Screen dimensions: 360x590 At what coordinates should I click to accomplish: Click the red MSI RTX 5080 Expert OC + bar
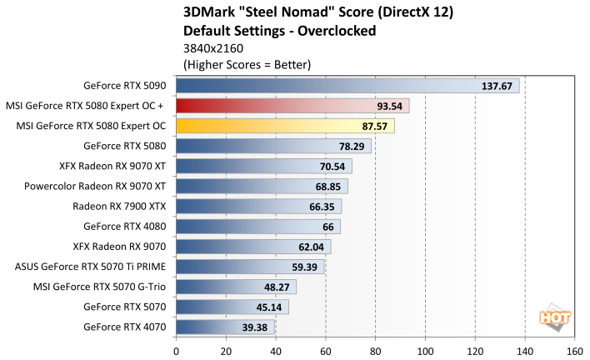click(x=292, y=106)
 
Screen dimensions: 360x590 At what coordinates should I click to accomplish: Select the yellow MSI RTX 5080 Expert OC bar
click(x=284, y=126)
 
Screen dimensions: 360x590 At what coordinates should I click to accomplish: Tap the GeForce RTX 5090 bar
click(x=347, y=86)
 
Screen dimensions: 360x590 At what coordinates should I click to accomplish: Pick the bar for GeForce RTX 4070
click(x=224, y=327)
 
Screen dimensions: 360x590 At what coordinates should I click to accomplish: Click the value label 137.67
click(x=497, y=87)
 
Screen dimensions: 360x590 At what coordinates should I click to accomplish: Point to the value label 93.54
click(x=387, y=107)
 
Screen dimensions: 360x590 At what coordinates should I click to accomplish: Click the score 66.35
click(x=320, y=207)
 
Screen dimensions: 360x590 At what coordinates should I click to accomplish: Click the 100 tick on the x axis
click(x=425, y=351)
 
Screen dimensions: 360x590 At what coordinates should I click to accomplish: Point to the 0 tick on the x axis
click(x=176, y=351)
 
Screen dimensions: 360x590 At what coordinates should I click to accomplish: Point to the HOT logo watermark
click(x=557, y=318)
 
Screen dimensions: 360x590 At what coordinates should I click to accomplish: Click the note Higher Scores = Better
click(x=246, y=63)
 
